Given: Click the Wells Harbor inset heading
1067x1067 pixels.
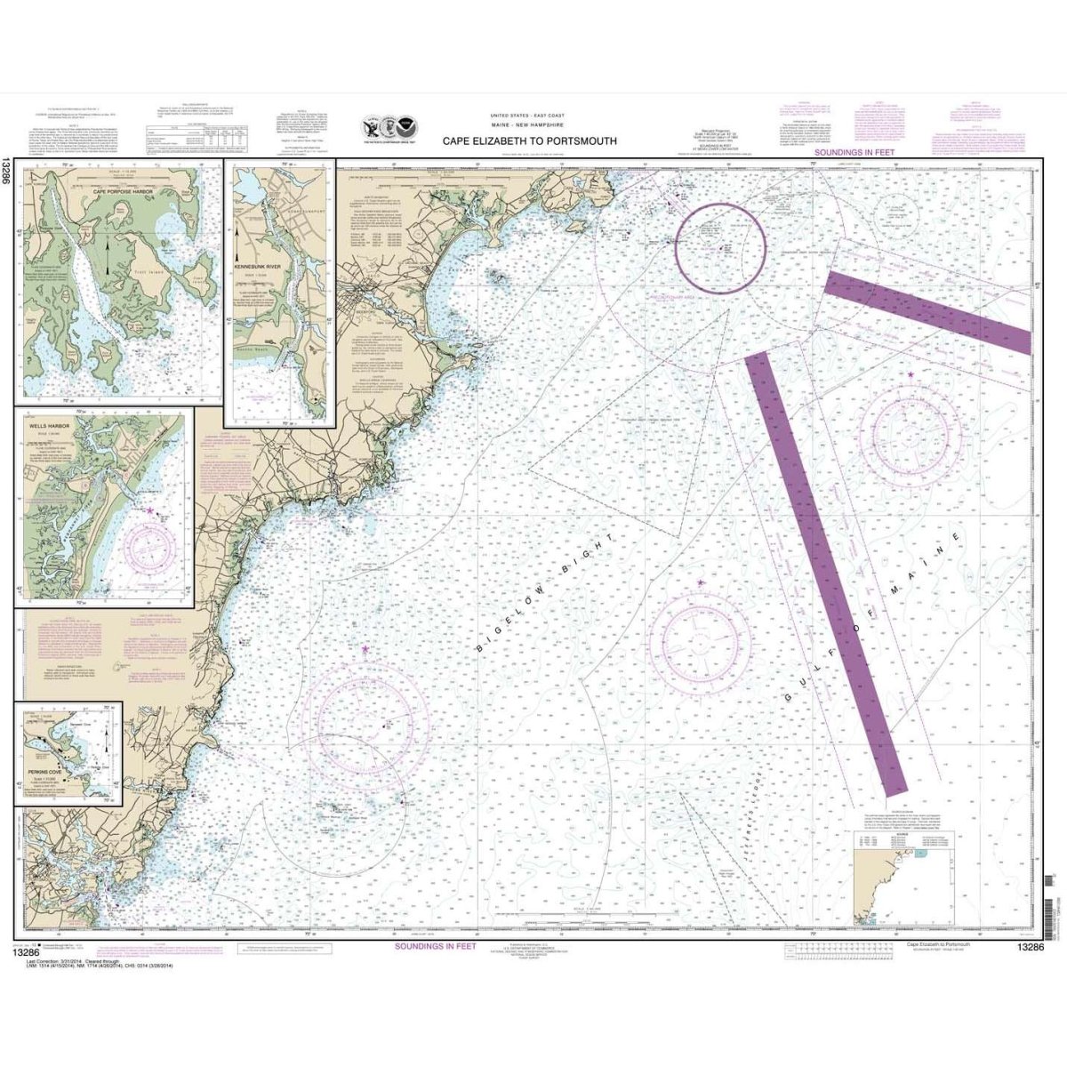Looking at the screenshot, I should tap(56, 425).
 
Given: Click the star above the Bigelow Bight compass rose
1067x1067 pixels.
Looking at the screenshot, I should tap(365, 650).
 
